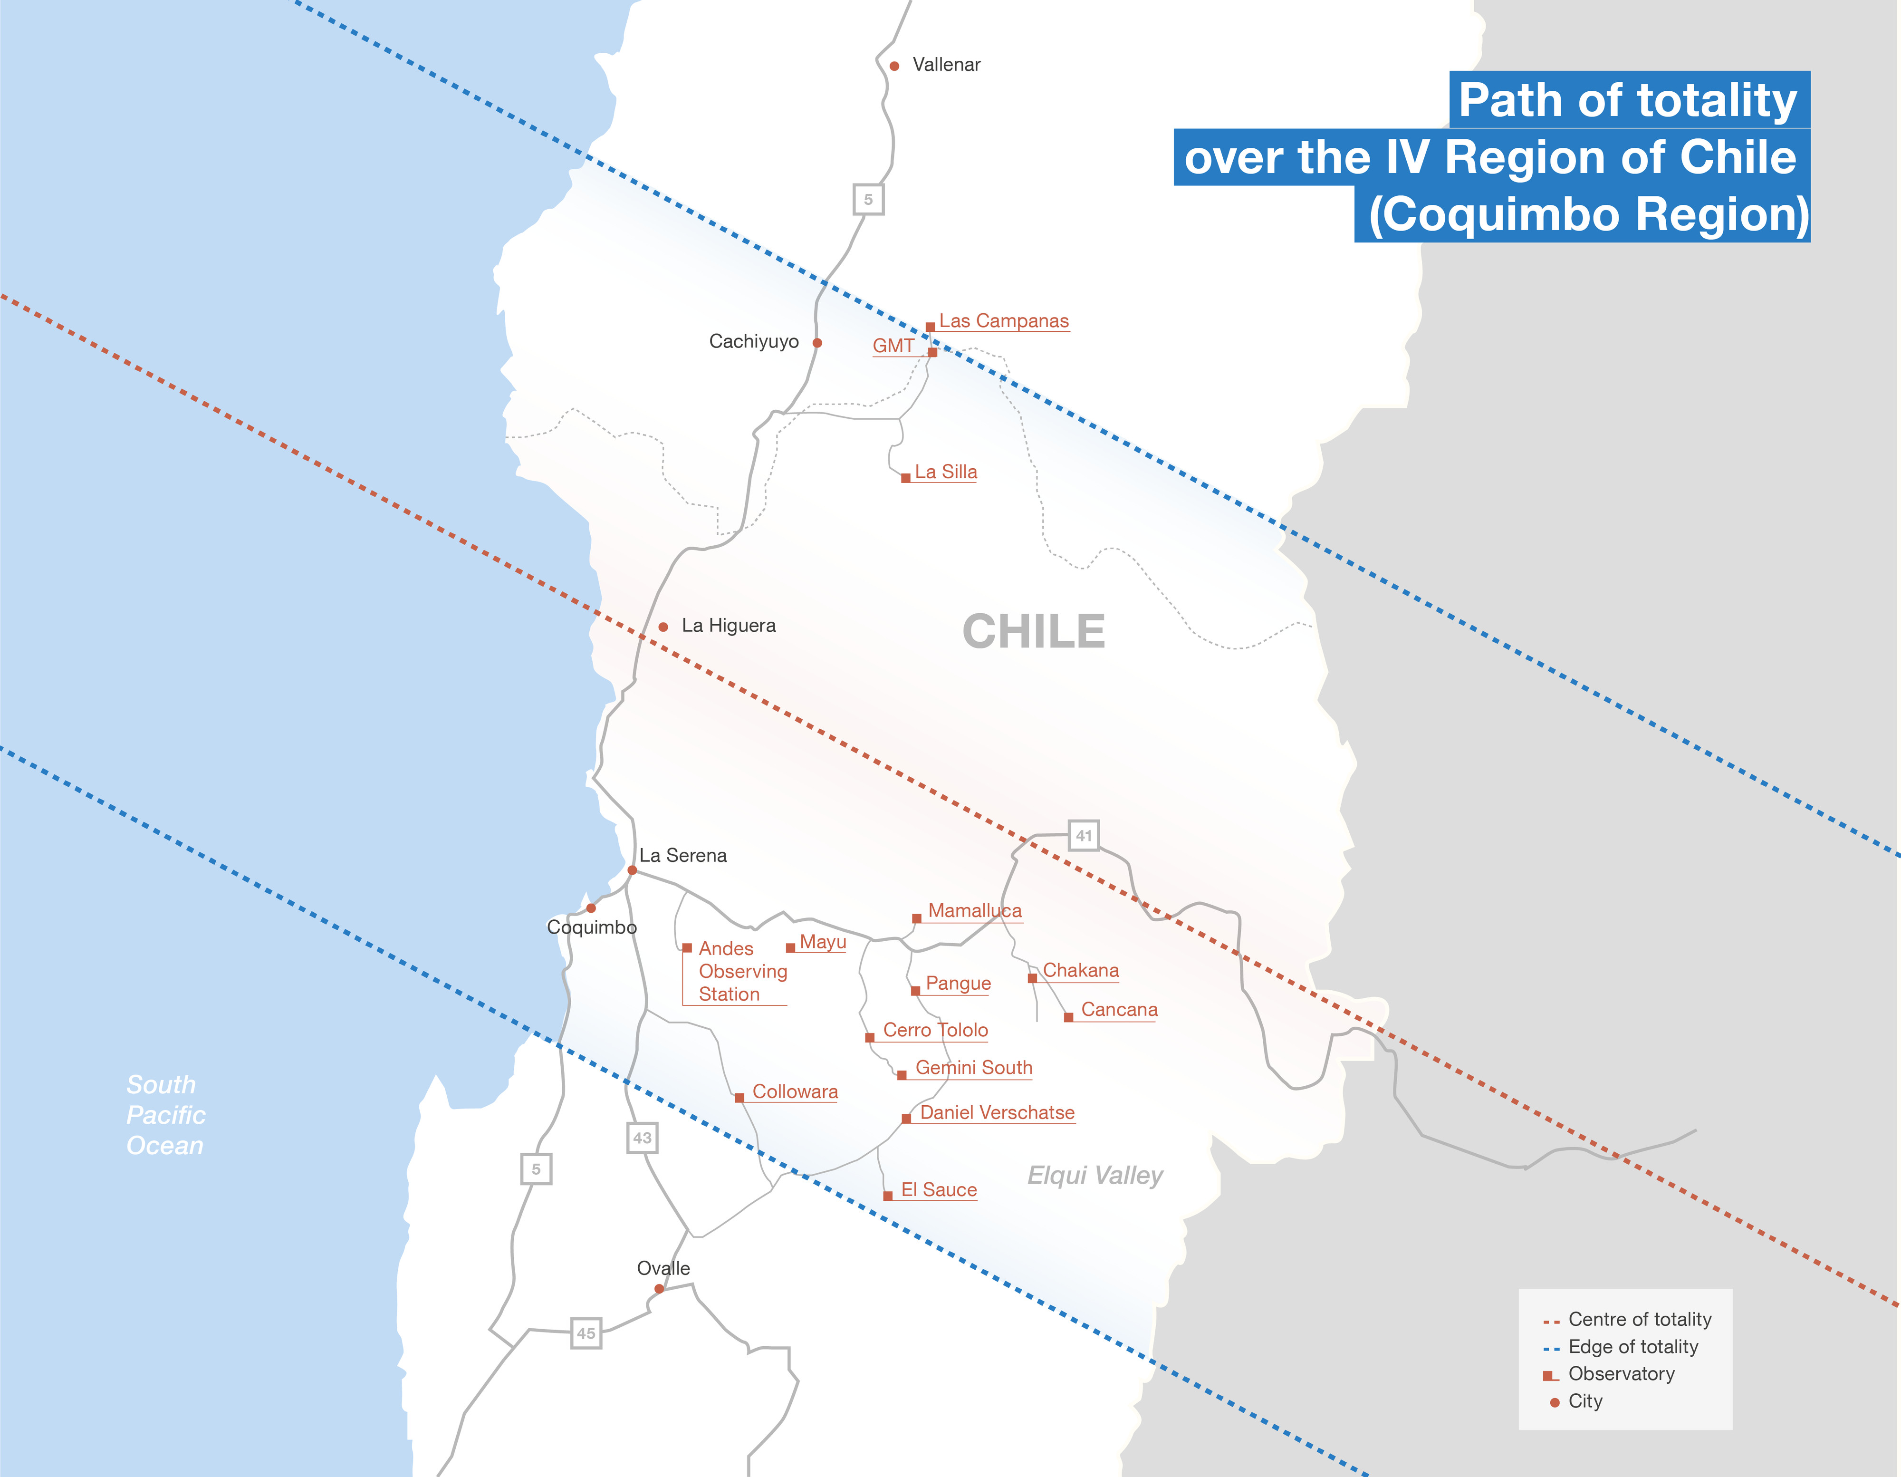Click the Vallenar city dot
(x=894, y=66)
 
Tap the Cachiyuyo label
(x=754, y=341)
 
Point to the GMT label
(x=893, y=346)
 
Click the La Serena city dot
(x=632, y=870)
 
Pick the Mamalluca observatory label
(x=975, y=911)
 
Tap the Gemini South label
(x=973, y=1068)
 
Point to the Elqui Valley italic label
(x=1095, y=1176)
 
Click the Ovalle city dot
(x=659, y=1289)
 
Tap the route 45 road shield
(x=586, y=1333)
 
